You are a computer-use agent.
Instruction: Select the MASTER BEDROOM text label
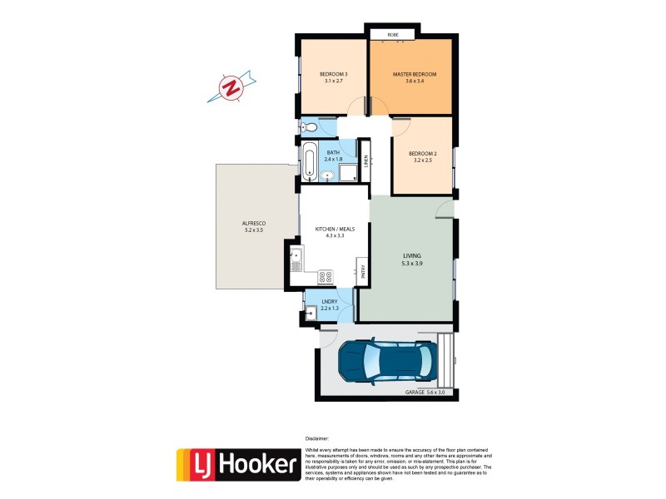(x=415, y=75)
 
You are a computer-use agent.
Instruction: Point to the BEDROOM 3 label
(x=333, y=75)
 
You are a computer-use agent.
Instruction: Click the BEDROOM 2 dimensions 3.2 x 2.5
(x=423, y=161)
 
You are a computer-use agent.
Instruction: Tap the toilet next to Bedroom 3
(x=307, y=127)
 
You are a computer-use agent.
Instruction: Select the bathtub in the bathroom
(x=309, y=161)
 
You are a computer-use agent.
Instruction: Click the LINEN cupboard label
(x=365, y=160)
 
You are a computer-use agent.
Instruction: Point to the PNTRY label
(x=361, y=270)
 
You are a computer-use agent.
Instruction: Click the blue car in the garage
(x=385, y=360)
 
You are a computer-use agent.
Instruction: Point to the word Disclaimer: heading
(x=317, y=437)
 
